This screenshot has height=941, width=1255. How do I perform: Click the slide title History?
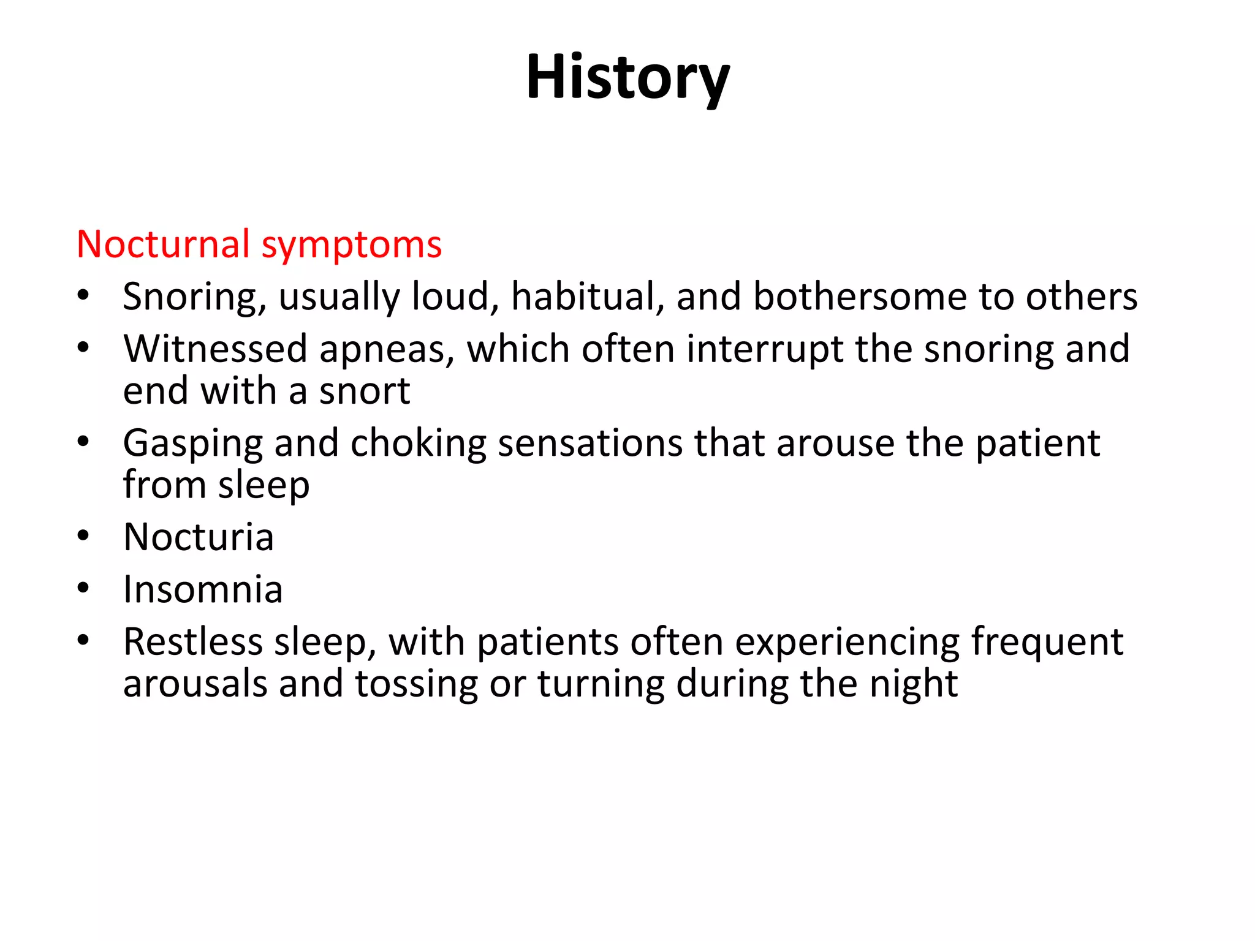[627, 78]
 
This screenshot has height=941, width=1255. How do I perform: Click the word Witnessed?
[215, 349]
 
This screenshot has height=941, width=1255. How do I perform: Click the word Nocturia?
[199, 537]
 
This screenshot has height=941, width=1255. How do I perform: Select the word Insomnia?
[203, 589]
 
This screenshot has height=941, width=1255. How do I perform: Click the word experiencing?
[847, 643]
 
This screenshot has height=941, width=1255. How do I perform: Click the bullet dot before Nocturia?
[83, 537]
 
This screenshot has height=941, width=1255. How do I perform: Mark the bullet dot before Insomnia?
[83, 589]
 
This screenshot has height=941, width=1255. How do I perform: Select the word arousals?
[195, 684]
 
